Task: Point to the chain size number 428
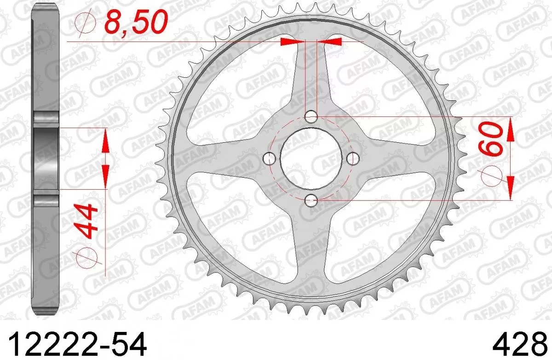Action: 517,343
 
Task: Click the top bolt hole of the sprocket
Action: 312,117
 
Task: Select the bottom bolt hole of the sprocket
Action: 312,200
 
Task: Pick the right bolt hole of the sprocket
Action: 353,159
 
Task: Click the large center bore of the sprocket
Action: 312,159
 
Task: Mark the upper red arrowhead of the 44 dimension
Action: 105,140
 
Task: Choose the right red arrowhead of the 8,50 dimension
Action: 331,42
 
